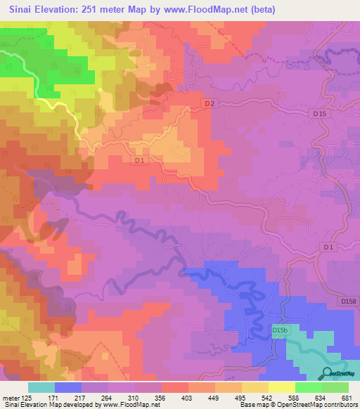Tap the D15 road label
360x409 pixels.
pyautogui.click(x=319, y=113)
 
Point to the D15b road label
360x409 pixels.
pyautogui.click(x=281, y=329)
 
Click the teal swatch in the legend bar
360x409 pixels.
pyautogui.click(x=41, y=387)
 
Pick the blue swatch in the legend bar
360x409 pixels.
pyautogui.click(x=68, y=387)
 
